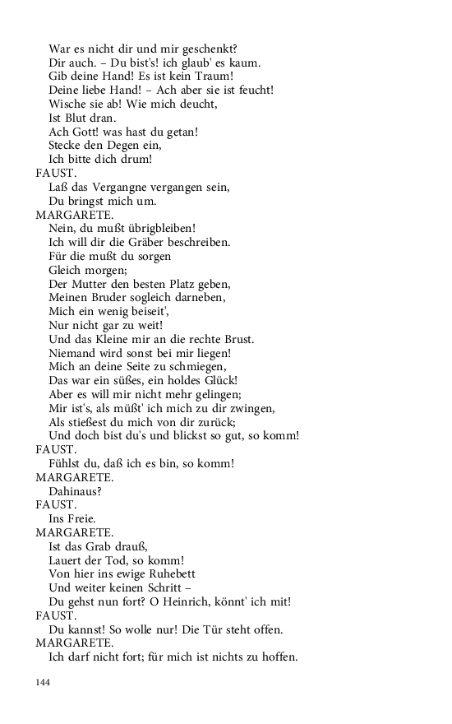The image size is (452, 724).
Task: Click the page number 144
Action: tap(44, 682)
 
